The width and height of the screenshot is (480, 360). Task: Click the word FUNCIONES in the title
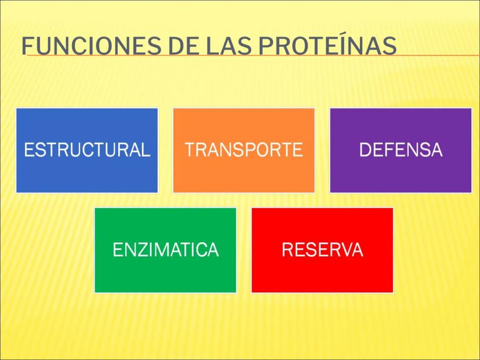pyautogui.click(x=91, y=46)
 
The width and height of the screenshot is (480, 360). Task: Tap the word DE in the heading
pyautogui.click(x=184, y=46)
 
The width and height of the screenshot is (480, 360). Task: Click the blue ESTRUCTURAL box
pyautogui.click(x=87, y=150)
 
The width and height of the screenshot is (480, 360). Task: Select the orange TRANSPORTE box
pyautogui.click(x=244, y=150)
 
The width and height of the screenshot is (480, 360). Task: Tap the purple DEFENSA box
pyautogui.click(x=401, y=150)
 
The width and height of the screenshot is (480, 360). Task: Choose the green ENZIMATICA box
pyautogui.click(x=165, y=250)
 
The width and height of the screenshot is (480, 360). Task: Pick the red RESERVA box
pyautogui.click(x=322, y=250)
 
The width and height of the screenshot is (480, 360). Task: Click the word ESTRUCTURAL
pyautogui.click(x=87, y=150)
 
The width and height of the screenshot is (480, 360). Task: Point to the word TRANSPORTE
pyautogui.click(x=244, y=150)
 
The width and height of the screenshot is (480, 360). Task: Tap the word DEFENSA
pyautogui.click(x=401, y=150)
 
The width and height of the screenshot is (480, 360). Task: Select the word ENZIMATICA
pyautogui.click(x=166, y=249)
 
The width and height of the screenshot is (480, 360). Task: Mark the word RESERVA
pyautogui.click(x=322, y=249)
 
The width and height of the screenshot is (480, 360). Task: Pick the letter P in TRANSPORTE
pyautogui.click(x=252, y=150)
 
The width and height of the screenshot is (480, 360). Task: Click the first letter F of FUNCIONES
pyautogui.click(x=27, y=46)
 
